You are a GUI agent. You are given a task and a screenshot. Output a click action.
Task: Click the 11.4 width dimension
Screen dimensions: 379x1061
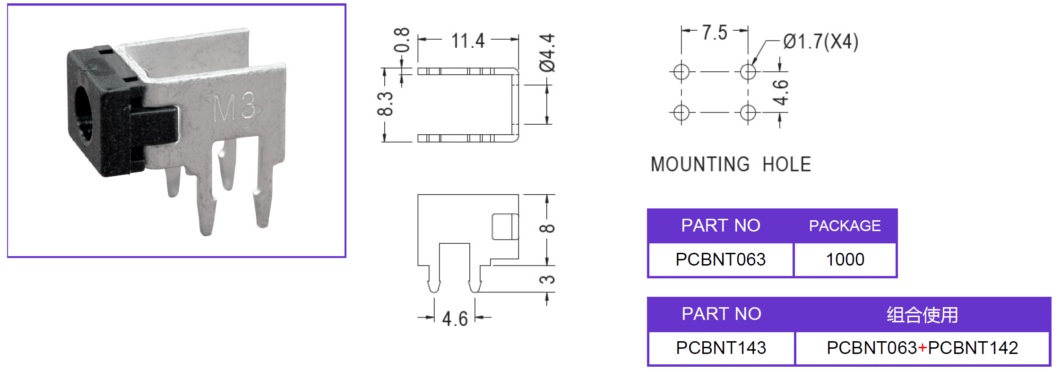468,41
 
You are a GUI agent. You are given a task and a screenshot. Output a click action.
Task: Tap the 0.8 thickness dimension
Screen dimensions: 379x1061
402,40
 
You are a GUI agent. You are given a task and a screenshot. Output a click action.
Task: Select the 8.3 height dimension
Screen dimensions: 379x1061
385,104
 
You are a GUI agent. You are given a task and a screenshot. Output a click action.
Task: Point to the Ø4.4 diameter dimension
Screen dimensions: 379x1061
547,53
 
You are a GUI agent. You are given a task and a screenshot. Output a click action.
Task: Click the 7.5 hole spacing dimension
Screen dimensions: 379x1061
714,33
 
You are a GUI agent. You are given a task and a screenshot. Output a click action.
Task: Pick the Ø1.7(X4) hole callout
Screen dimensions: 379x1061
820,42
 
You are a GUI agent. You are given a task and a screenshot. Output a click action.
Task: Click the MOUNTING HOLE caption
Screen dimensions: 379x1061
731,164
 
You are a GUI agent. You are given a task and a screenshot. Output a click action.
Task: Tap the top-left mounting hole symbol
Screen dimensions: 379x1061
681,72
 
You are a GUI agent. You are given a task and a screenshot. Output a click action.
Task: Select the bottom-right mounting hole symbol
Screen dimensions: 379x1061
748,112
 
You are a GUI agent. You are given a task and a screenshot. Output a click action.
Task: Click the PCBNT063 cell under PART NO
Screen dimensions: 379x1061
720,259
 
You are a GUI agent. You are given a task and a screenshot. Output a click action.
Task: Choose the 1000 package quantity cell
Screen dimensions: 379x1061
845,259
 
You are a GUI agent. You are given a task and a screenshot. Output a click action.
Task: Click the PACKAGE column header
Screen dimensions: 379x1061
845,226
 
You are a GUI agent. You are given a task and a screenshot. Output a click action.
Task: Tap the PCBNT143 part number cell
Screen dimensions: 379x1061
721,348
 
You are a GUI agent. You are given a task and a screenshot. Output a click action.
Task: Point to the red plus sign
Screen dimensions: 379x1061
922,348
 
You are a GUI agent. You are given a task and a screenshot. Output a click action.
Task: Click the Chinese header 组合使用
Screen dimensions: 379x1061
922,315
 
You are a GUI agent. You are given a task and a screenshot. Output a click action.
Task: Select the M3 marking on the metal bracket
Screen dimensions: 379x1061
234,107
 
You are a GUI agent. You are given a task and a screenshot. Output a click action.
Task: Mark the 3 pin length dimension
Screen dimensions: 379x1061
547,279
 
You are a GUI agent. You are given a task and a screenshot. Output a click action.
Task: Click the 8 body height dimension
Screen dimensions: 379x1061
547,229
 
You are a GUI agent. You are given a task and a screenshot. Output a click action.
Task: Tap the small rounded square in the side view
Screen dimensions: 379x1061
505,227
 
